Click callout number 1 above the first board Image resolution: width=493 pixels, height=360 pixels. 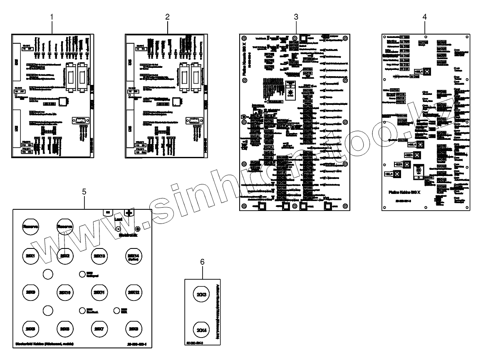pos(52,17)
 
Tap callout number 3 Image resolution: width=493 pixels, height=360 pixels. pos(296,17)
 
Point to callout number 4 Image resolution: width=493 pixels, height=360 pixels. pos(424,17)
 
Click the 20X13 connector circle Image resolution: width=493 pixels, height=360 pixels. pos(100,256)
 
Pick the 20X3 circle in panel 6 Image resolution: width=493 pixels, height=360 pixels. pos(202,295)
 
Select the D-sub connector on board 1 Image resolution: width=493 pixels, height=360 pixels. pos(80,121)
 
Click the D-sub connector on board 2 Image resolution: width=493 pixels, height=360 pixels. pos(193,121)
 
